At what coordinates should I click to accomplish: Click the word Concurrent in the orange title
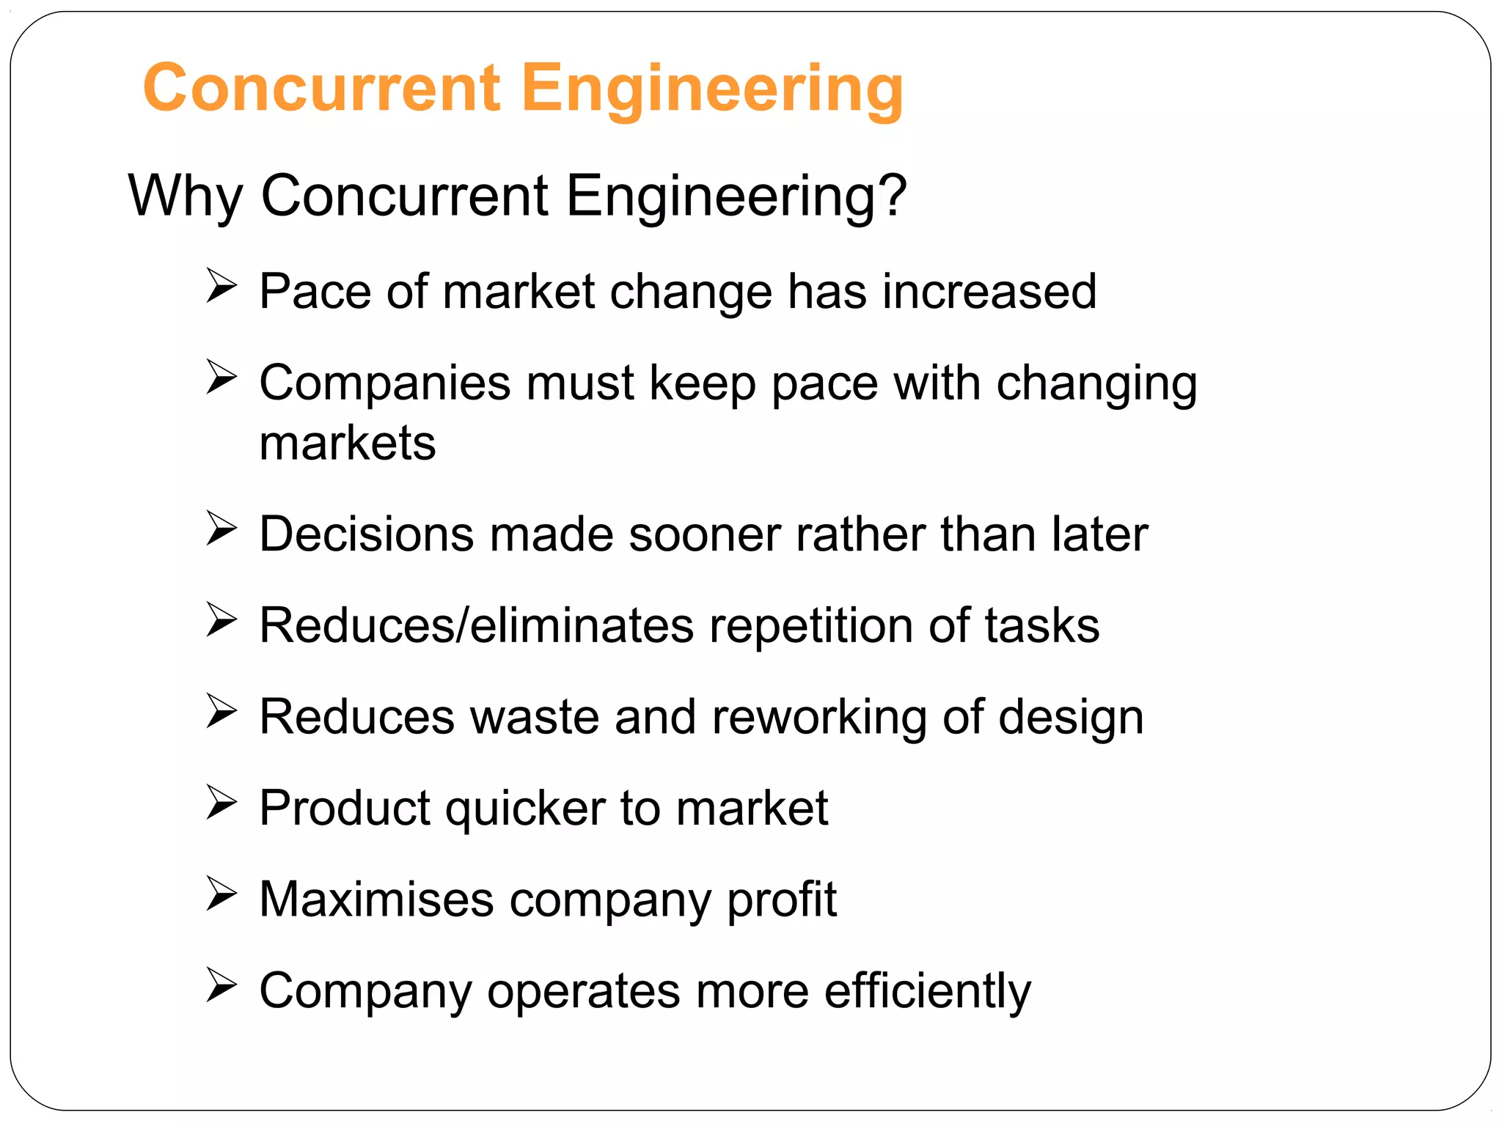click(x=323, y=88)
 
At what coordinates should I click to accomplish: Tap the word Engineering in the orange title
click(x=712, y=89)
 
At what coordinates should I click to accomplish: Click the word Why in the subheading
click(x=185, y=196)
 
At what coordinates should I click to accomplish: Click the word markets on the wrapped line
click(x=348, y=444)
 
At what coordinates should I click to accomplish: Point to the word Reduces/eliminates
click(x=476, y=626)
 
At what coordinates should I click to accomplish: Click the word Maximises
click(x=376, y=899)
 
